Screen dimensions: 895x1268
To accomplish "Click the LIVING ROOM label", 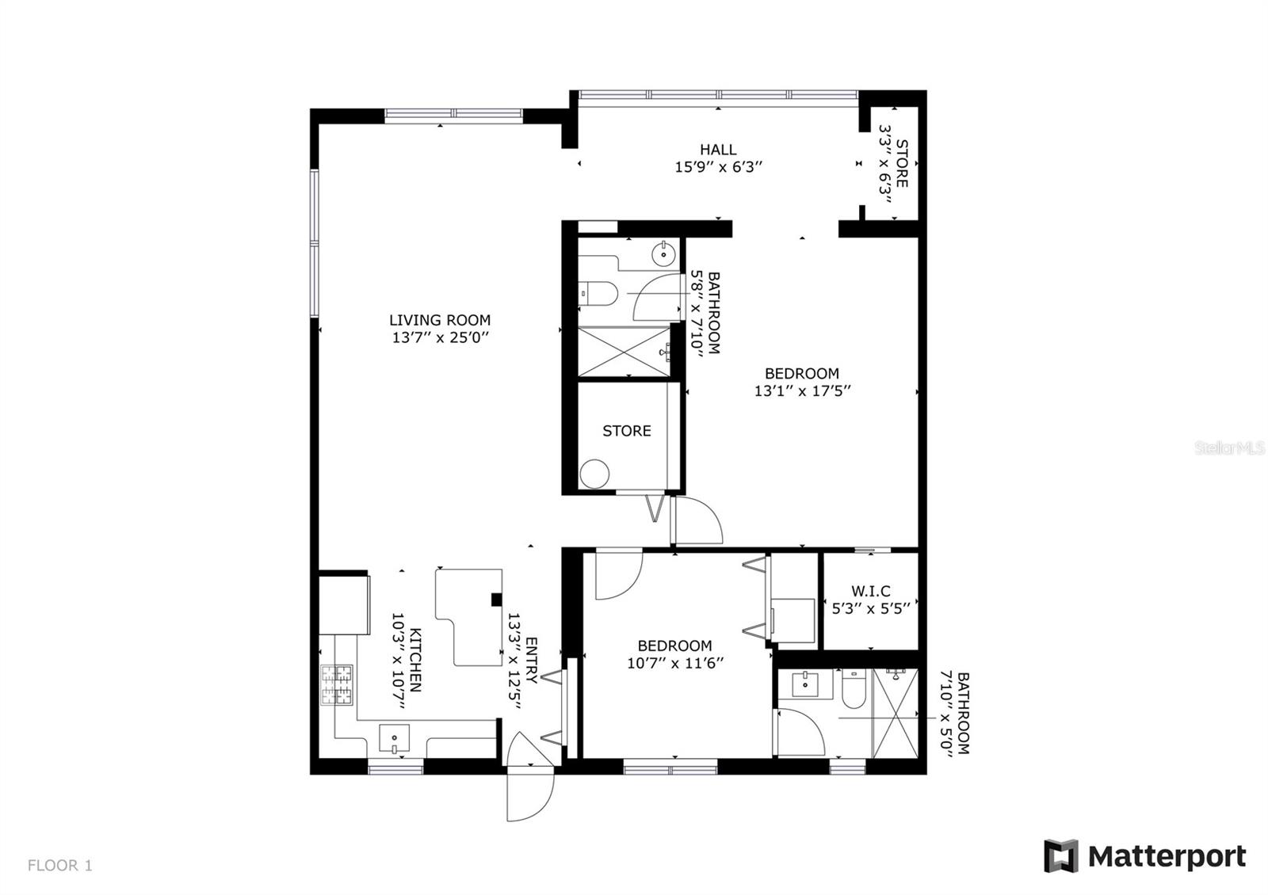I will tap(440, 320).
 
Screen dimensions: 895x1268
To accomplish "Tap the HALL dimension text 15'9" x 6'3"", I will tap(718, 167).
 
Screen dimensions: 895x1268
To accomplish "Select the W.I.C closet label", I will tap(871, 591).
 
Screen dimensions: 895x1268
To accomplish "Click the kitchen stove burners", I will tap(336, 685).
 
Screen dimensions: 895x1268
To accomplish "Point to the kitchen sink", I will tap(394, 740).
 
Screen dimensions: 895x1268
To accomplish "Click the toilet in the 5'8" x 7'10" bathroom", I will tap(600, 293).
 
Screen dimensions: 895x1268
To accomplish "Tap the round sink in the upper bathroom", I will tap(663, 254).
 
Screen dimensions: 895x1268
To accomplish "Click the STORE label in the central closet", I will tap(626, 431).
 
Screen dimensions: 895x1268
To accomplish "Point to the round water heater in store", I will tap(594, 474).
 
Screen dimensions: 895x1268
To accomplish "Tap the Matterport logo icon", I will tap(1060, 856).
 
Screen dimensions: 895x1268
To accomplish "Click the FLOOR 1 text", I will tap(60, 866).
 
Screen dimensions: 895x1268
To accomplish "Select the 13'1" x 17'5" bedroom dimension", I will tap(802, 391).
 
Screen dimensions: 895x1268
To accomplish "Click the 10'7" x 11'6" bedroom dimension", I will tap(675, 664).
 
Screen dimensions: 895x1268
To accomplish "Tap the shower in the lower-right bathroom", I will tap(895, 713).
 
